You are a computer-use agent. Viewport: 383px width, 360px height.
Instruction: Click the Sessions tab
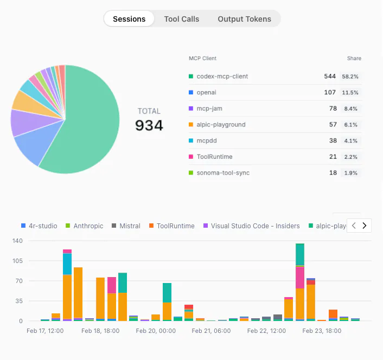(x=129, y=19)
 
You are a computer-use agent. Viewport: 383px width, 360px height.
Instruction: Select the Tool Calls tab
(x=182, y=19)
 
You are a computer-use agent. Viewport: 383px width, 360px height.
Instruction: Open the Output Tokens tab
(x=244, y=19)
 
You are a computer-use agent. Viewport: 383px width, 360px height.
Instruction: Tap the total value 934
(x=149, y=126)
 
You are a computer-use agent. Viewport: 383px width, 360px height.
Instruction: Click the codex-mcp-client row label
(x=222, y=76)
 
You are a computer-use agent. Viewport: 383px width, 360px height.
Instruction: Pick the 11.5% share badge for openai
(x=350, y=93)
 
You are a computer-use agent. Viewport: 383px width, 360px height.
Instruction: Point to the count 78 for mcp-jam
(x=330, y=108)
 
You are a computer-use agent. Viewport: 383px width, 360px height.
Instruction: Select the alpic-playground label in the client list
(x=221, y=125)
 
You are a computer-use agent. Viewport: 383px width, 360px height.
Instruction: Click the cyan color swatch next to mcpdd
(x=191, y=141)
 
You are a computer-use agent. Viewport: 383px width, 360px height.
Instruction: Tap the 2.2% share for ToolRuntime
(x=350, y=157)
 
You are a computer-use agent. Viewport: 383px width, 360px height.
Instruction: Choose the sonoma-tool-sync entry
(x=223, y=173)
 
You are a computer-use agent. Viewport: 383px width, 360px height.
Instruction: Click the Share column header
(x=354, y=59)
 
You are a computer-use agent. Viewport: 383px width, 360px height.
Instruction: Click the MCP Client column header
(x=202, y=59)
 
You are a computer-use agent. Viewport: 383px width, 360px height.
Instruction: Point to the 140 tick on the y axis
(x=17, y=241)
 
